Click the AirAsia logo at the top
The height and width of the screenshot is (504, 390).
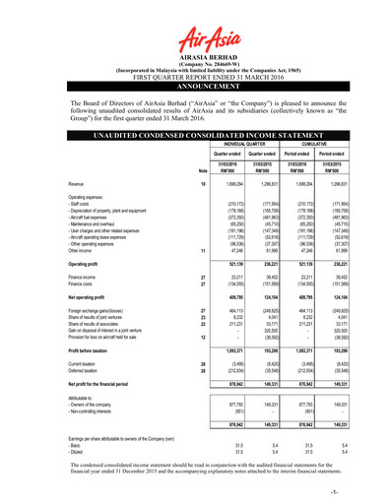194,33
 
